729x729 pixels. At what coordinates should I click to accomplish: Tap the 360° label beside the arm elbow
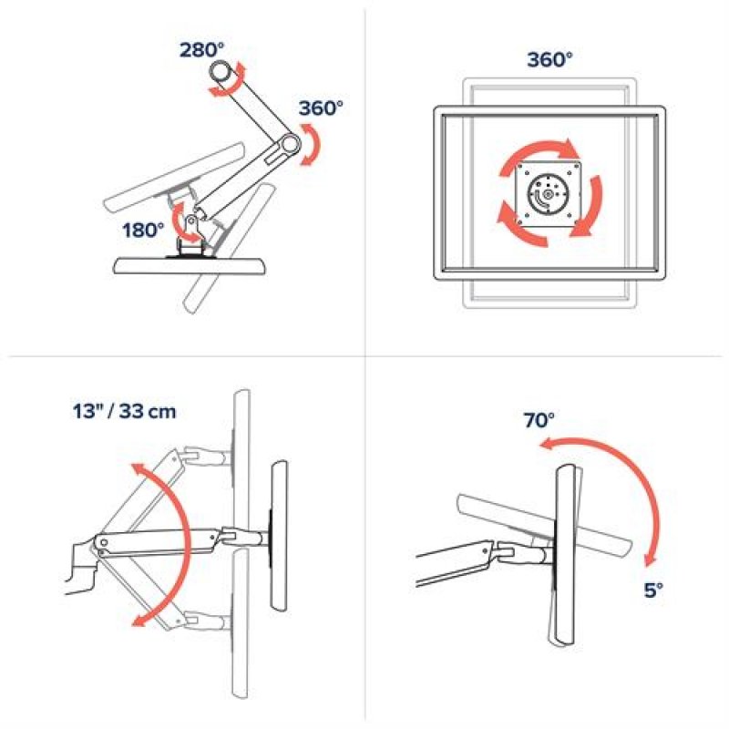coord(320,108)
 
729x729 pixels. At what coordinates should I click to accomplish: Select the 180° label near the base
coord(144,230)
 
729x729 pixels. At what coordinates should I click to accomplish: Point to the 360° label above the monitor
coord(549,60)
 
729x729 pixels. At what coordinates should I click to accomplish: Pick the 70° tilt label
coord(539,420)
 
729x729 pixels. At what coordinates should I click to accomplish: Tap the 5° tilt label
coord(653,590)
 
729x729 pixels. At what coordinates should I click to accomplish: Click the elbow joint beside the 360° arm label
coord(290,143)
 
